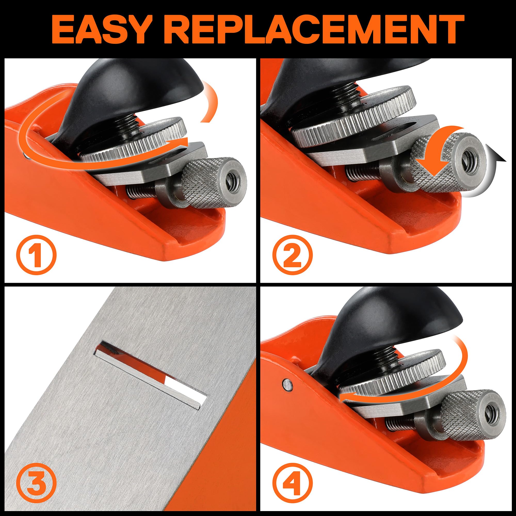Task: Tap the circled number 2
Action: [292, 255]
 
